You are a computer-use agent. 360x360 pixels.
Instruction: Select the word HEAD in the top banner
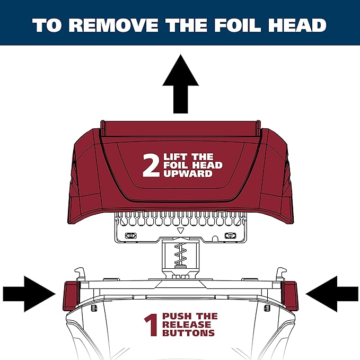[302, 25]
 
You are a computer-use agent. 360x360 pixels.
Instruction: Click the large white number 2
[151, 165]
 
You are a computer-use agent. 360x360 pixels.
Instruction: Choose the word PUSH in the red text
[175, 317]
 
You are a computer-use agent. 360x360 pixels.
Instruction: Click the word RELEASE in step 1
[187, 324]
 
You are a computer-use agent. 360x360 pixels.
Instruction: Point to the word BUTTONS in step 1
[188, 333]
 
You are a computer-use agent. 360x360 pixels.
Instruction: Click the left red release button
[70, 294]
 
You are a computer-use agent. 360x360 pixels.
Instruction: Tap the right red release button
[291, 294]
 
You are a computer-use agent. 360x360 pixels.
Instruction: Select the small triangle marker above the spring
[180, 232]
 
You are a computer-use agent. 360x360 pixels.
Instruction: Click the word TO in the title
[47, 25]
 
